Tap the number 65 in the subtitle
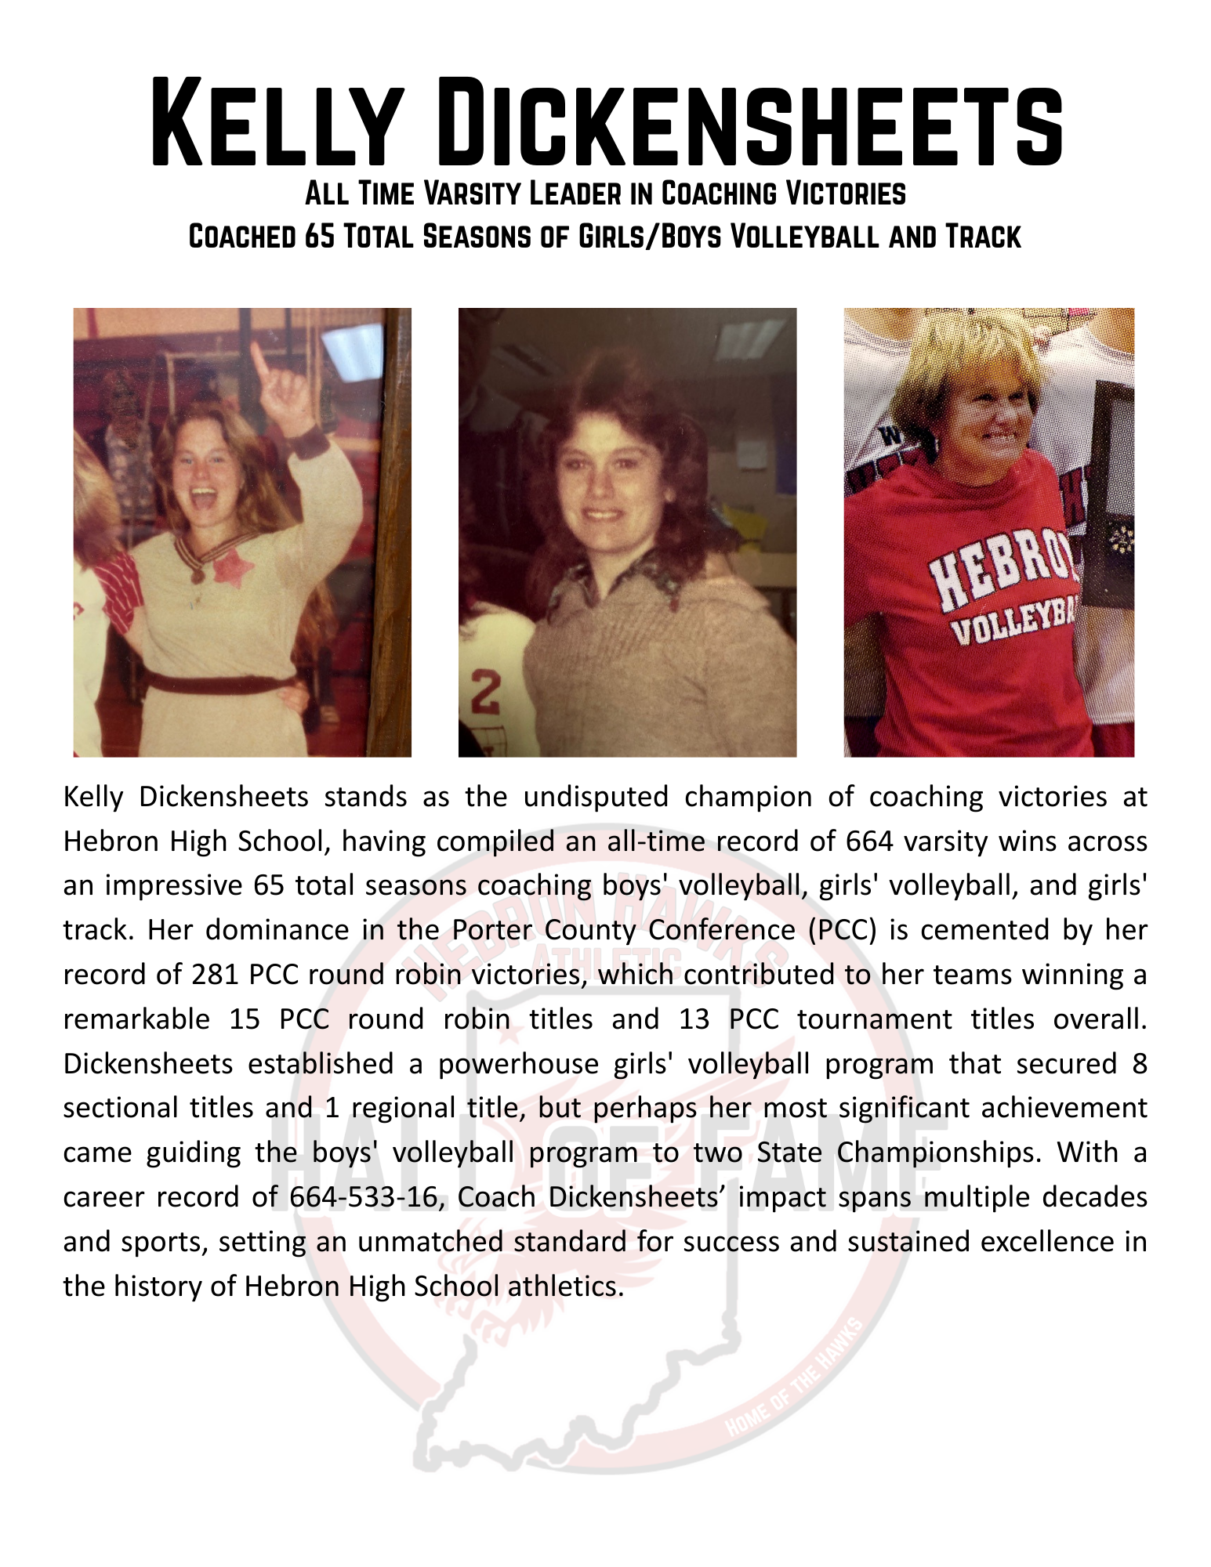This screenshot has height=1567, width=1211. (x=320, y=236)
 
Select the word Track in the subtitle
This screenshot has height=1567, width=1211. (x=983, y=236)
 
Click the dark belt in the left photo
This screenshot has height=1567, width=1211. (x=219, y=682)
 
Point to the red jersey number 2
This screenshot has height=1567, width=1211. (x=485, y=694)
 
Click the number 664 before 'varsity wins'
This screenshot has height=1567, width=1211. (x=870, y=841)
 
